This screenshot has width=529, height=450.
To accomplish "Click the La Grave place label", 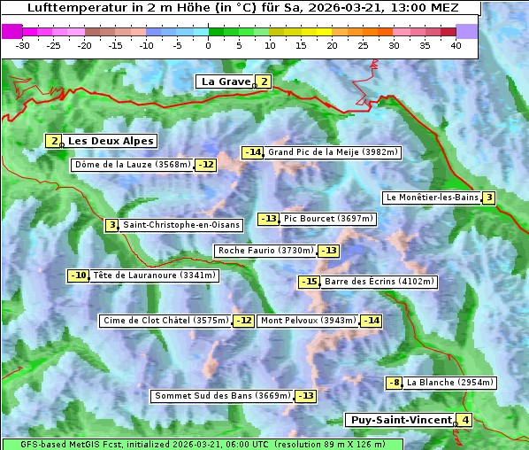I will tap(226, 81).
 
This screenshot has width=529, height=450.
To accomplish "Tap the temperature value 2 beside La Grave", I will tap(264, 82).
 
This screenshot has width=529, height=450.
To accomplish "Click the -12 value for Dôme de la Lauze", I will tap(205, 165).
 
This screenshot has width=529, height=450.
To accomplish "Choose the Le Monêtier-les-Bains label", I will tap(432, 198).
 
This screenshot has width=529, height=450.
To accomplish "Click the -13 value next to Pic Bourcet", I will tap(268, 219).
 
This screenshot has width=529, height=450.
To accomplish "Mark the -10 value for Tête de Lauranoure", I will tap(78, 275).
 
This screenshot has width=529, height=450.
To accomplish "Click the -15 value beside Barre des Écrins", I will tap(309, 282).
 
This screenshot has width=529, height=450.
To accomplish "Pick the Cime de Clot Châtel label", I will tap(165, 321).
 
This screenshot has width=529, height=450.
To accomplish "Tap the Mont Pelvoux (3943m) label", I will tap(308, 321).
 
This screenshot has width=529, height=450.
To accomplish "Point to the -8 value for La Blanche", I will tap(395, 383).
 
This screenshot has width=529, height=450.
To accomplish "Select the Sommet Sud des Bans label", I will tap(222, 396).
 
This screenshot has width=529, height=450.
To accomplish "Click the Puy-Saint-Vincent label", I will tap(400, 420).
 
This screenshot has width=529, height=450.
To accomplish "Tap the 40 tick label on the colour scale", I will tap(456, 45).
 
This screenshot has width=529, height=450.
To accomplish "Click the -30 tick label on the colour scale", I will tap(23, 45).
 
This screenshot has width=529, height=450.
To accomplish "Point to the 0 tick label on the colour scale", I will tap(208, 45).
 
